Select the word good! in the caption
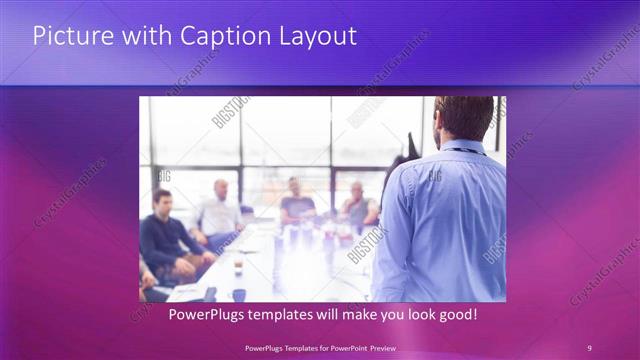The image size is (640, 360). click(455, 315)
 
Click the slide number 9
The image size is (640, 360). click(589, 347)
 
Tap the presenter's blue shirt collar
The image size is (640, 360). click(461, 148)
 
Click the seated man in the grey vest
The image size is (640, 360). click(359, 206)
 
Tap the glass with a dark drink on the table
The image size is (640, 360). click(238, 267)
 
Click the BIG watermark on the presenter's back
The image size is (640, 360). click(434, 176)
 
